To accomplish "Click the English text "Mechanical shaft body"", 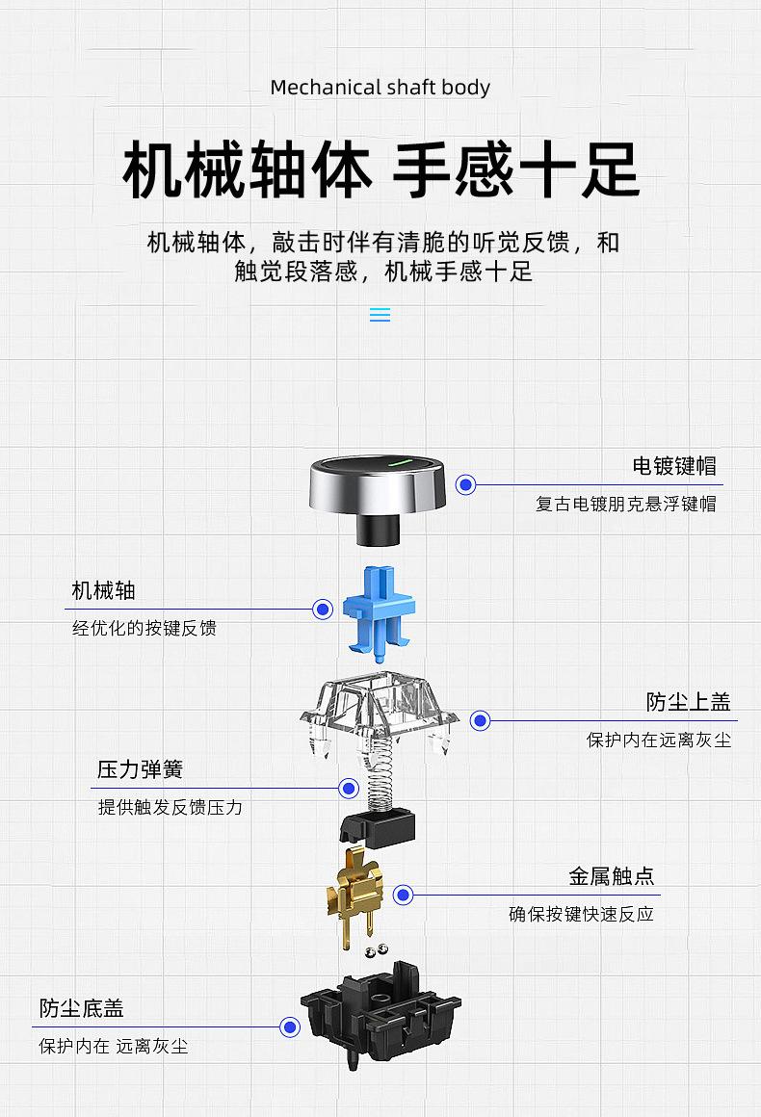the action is coord(380,88).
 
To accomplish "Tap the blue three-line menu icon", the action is coord(380,315).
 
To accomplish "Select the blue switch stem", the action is coord(380,609).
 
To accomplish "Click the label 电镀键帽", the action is coord(674,467).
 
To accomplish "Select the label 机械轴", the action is coord(103,590).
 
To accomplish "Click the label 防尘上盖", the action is coord(689,702).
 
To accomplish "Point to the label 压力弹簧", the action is coord(140,769).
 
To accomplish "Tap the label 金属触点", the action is coord(612,876).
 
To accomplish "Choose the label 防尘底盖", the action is coord(82,1008).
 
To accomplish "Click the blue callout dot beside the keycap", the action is coord(466,485).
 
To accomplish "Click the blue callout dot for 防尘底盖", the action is coord(290,1027).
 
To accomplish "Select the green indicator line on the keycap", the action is coord(400,461).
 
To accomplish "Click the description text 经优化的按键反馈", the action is coord(144,629).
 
